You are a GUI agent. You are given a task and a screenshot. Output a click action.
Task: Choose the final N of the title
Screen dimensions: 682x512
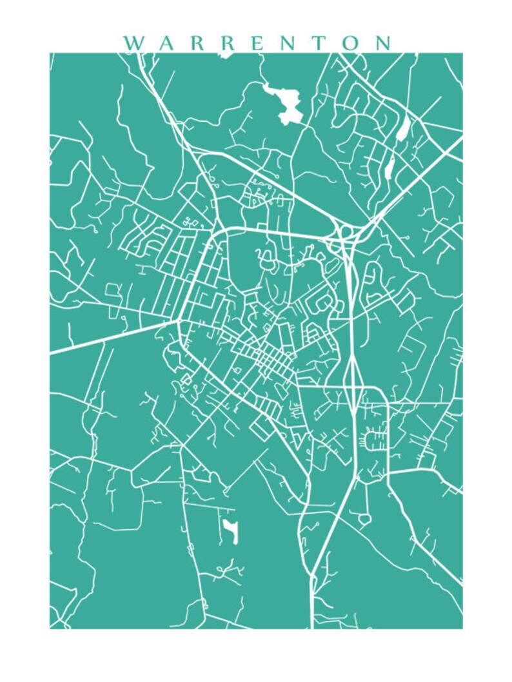(382, 43)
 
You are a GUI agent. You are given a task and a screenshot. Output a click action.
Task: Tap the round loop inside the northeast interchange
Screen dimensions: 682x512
(344, 230)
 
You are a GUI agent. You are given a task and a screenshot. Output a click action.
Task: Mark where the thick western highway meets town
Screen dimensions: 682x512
(177, 320)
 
